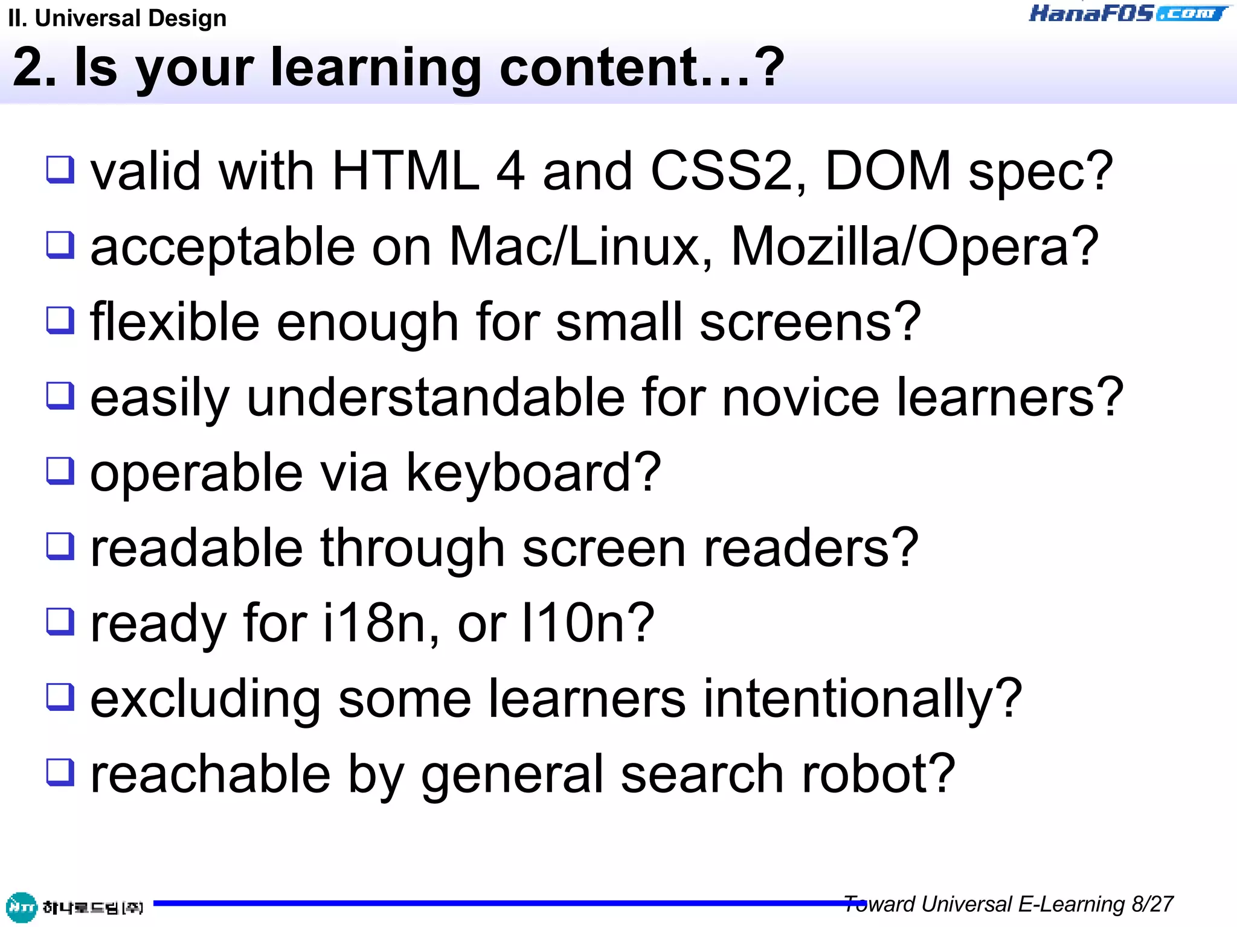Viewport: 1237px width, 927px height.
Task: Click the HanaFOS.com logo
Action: pos(1128,13)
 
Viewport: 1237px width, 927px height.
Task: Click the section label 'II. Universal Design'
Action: pos(118,18)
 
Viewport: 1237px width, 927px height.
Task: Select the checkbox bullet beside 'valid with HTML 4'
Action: pos(60,169)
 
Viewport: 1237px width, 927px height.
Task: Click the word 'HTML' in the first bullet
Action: pos(405,171)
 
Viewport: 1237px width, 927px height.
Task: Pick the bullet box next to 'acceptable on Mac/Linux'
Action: pos(60,245)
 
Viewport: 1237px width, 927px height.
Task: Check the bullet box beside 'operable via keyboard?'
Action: pos(60,471)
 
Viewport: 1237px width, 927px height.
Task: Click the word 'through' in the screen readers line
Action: pos(413,548)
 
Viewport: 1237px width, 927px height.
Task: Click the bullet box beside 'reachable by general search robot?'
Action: pos(60,772)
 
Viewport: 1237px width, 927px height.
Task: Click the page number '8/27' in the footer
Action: pos(1152,904)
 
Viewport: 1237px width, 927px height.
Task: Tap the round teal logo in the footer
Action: pos(22,907)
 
